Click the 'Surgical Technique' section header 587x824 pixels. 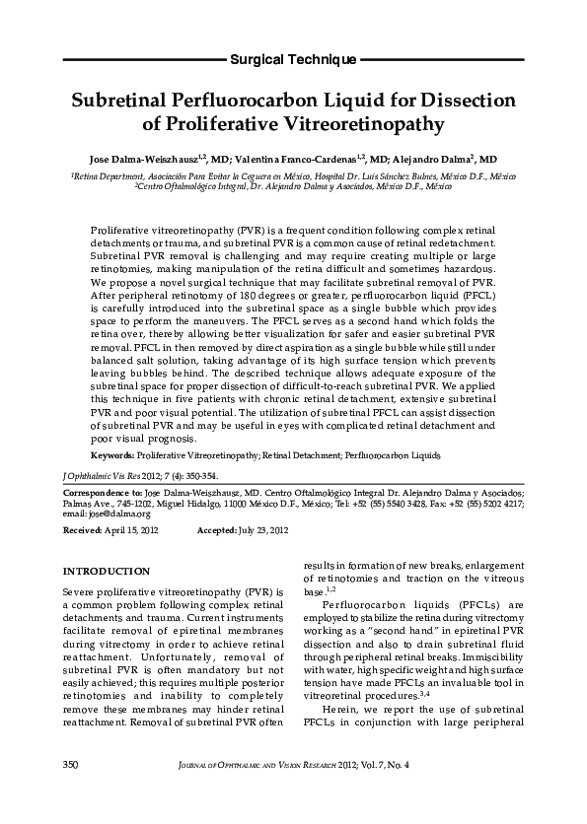click(x=293, y=60)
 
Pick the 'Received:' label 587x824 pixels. click(x=82, y=530)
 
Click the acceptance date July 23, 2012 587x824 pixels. click(x=263, y=530)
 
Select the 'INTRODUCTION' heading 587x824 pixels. click(x=106, y=572)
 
